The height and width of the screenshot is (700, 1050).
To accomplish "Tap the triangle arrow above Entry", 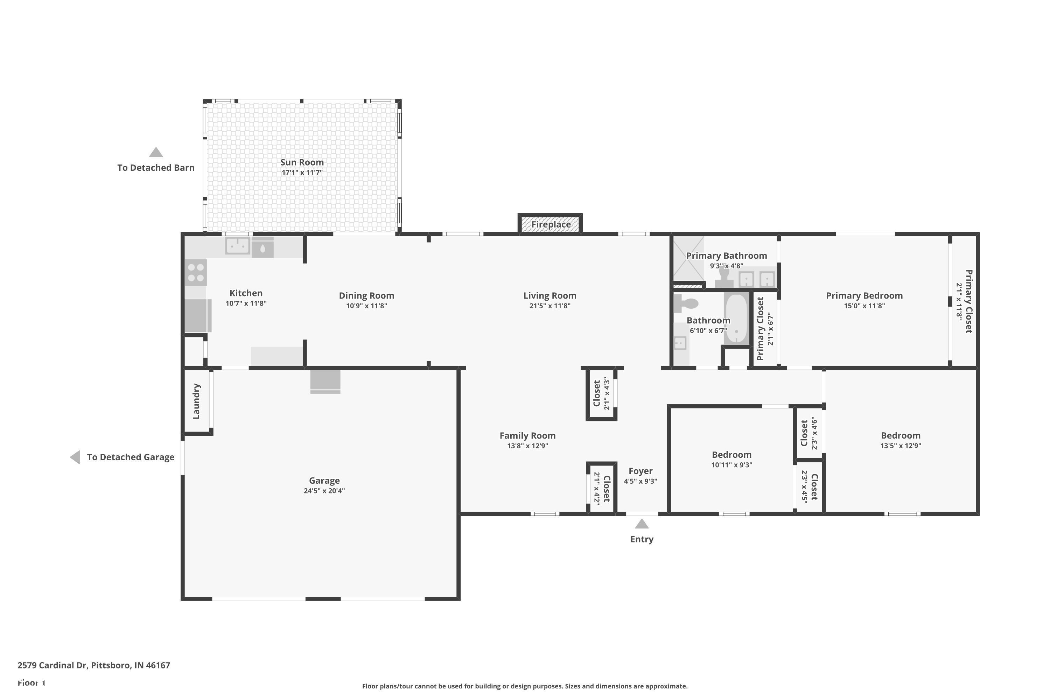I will (642, 524).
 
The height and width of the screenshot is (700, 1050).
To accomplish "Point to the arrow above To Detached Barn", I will (156, 153).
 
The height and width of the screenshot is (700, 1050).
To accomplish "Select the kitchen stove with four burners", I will (196, 272).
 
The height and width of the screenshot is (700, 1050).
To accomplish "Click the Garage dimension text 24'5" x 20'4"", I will (324, 491).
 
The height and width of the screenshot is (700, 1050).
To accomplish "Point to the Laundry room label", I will (196, 401).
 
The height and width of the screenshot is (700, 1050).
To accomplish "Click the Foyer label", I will (640, 471).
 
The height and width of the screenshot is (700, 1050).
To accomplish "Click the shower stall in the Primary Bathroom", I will (688, 259).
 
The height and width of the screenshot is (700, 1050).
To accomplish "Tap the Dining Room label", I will (366, 295).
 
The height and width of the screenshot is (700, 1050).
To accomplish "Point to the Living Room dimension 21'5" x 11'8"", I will (549, 306).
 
